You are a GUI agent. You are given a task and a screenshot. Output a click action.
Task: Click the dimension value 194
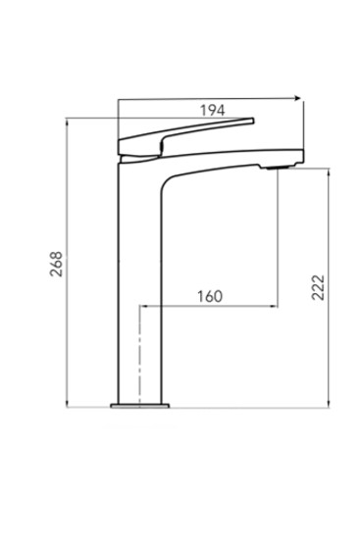click(213, 111)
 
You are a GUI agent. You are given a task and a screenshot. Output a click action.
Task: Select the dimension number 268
click(56, 264)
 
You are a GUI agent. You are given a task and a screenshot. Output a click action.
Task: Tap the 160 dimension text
click(210, 296)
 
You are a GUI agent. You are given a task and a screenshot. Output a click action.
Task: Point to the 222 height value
click(318, 287)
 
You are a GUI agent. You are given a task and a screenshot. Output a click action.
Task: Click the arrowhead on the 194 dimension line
click(298, 98)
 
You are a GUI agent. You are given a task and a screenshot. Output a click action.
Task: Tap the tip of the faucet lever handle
click(253, 121)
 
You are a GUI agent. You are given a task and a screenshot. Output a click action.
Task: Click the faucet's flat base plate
click(140, 406)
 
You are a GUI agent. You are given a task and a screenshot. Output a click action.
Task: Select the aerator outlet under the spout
click(278, 168)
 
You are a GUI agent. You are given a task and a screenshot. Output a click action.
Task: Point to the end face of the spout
click(303, 156)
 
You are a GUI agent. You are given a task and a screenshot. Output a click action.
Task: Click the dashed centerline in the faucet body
click(139, 357)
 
